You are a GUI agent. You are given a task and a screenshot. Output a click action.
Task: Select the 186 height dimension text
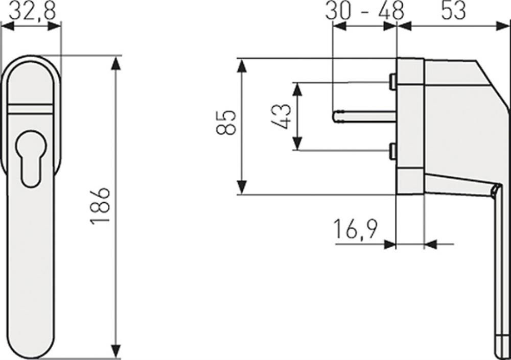click(100, 207)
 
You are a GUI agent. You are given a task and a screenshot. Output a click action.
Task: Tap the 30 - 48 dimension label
click(365, 10)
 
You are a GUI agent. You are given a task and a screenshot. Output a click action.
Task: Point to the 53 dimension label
click(454, 10)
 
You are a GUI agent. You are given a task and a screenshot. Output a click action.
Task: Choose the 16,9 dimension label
click(356, 229)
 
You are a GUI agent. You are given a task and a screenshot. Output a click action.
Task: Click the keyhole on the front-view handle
click(31, 159)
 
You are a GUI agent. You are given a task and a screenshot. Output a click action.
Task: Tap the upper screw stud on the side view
click(393, 82)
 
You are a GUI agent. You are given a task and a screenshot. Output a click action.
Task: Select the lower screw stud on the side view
click(393, 152)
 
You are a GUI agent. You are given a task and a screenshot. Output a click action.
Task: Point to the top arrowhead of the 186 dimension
click(115, 63)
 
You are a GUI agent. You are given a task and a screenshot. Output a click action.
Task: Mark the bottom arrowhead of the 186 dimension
click(115, 351)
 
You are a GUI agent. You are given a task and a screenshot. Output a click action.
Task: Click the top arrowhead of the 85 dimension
click(242, 66)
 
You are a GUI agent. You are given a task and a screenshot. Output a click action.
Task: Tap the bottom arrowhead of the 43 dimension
click(297, 143)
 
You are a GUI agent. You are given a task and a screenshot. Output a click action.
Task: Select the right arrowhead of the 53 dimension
click(502, 26)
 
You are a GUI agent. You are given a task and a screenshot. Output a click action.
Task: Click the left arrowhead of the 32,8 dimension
click(8, 26)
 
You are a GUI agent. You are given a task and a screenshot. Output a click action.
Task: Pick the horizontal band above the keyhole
click(30, 109)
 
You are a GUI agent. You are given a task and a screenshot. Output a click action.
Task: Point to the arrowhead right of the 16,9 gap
click(431, 244)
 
